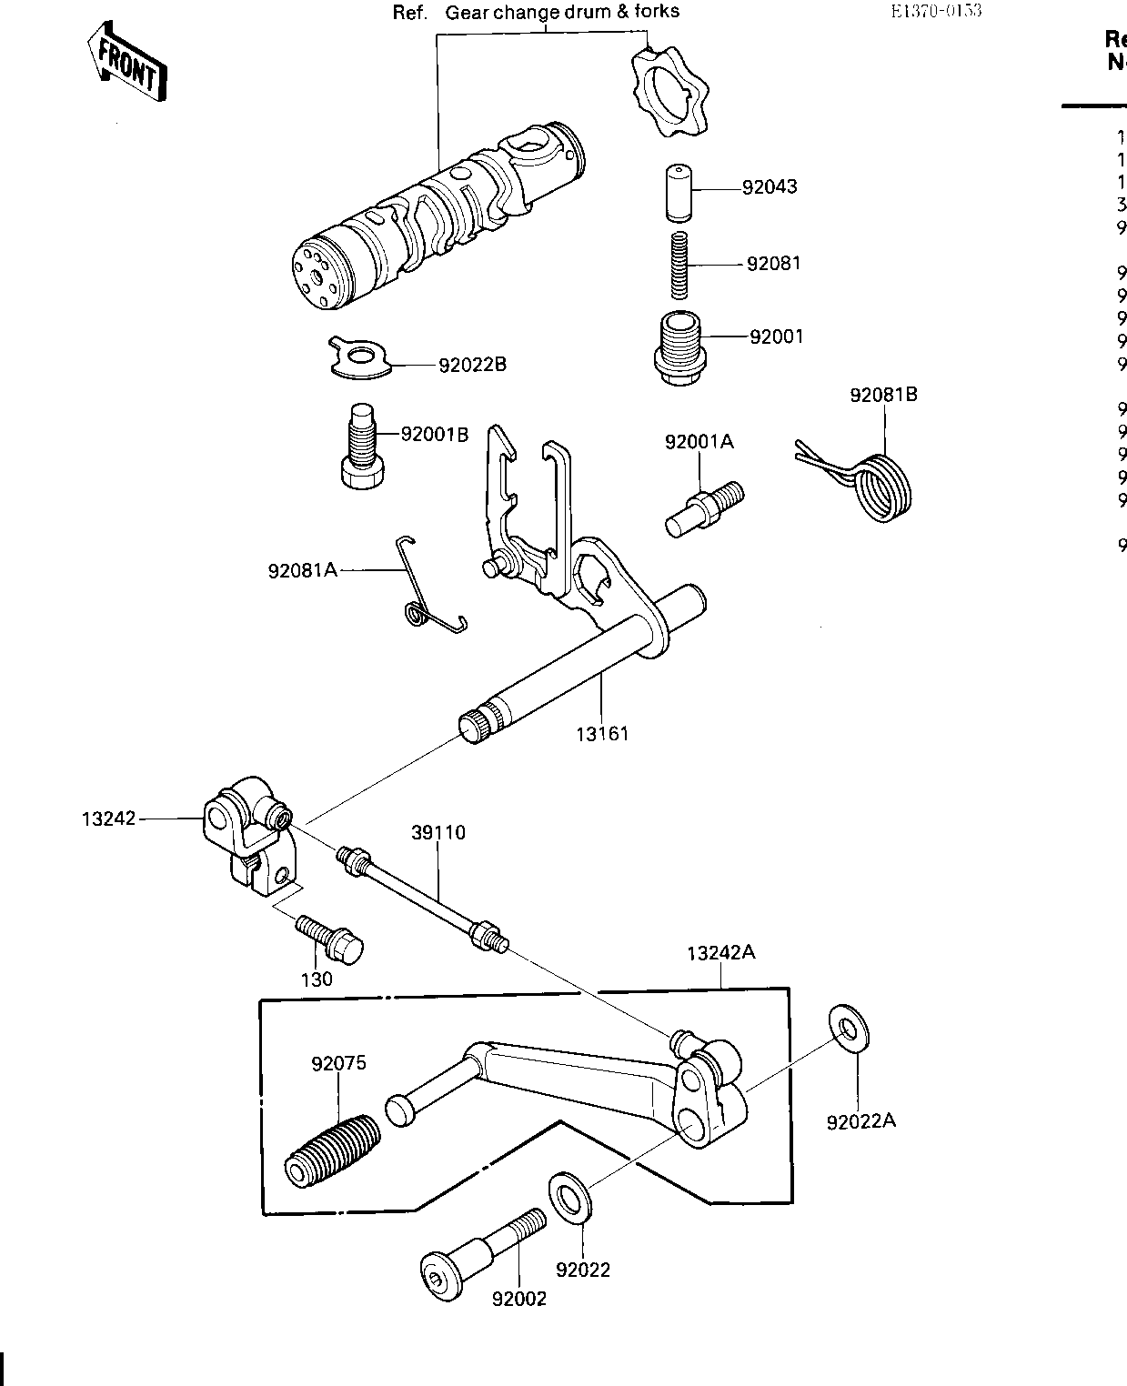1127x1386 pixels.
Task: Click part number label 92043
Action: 770,187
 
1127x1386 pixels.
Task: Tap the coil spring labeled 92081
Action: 678,265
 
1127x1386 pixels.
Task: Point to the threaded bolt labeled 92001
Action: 679,349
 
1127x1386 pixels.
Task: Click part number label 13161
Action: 602,734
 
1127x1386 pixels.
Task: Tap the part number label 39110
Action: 438,832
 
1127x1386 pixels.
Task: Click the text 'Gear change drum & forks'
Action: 562,13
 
